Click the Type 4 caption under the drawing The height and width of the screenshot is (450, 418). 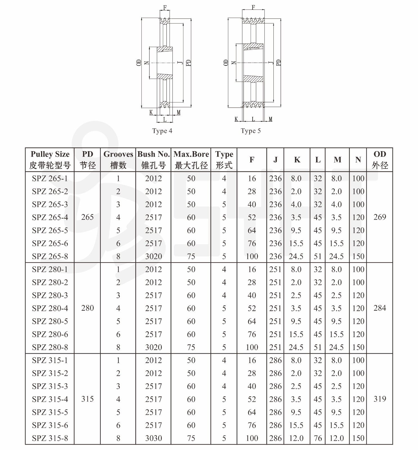(x=162, y=131)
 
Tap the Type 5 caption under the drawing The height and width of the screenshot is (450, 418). (x=251, y=131)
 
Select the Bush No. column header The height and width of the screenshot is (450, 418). (x=153, y=160)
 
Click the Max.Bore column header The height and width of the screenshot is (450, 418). (x=191, y=160)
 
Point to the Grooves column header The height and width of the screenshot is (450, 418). (x=118, y=160)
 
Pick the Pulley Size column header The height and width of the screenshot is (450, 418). (x=50, y=160)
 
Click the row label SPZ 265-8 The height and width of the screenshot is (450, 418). (x=50, y=256)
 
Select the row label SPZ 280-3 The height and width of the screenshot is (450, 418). (x=50, y=295)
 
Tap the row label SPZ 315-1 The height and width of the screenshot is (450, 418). (x=50, y=360)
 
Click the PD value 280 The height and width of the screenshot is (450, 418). (x=87, y=308)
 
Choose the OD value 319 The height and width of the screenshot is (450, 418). (x=380, y=399)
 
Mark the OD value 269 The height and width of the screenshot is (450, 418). (x=380, y=217)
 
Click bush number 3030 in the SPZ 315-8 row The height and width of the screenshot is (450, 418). (x=153, y=438)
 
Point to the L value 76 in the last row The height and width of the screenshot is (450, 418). (x=318, y=438)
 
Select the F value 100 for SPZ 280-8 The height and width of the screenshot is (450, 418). (x=252, y=347)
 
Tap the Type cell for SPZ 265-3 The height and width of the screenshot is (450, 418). (x=224, y=204)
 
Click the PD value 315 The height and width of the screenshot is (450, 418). (x=87, y=399)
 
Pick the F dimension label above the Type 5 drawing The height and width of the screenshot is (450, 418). (x=253, y=7)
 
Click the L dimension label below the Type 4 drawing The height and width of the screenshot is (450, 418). (x=165, y=119)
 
